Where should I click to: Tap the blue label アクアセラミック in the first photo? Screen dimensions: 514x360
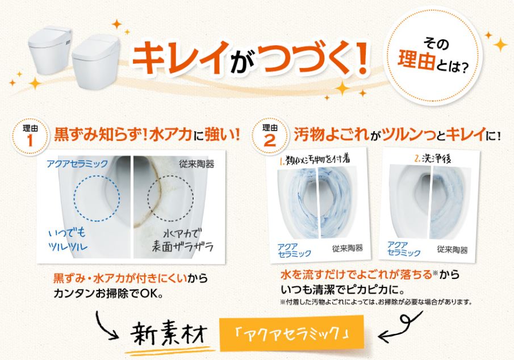point(77,164)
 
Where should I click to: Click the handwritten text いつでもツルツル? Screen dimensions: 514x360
point(68,240)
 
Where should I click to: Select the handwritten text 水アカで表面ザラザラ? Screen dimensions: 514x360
point(182,240)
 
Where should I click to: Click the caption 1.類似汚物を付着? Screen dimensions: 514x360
point(315,160)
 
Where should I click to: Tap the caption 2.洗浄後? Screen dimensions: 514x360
point(433,158)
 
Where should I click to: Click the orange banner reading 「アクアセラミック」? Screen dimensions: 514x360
point(292,333)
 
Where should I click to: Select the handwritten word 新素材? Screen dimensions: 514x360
point(169,334)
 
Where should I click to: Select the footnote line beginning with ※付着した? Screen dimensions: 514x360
point(376,302)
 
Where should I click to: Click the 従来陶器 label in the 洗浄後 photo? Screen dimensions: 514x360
point(452,250)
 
